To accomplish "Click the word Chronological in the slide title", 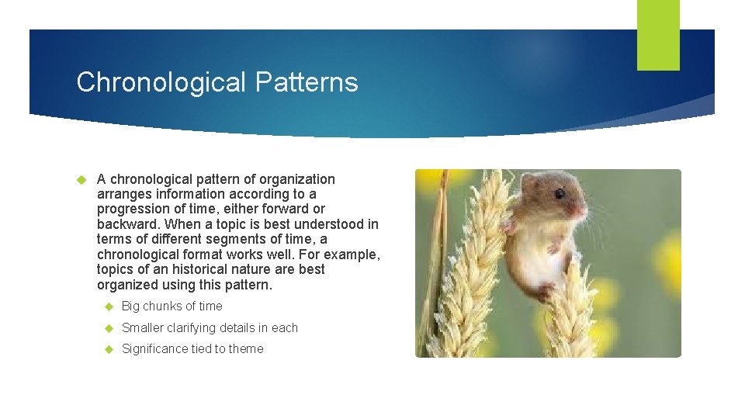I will point(160,82).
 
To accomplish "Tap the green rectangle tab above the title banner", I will point(658,35).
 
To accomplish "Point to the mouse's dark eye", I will point(560,193).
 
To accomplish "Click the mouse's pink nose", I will point(583,209).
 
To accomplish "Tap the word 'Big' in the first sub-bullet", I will point(130,306).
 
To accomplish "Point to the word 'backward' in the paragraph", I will point(124,224).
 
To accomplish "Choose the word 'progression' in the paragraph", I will point(130,209).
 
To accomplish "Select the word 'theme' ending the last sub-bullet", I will point(246,349).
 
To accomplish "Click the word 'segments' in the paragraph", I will point(234,240).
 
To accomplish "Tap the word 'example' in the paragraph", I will point(352,255).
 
